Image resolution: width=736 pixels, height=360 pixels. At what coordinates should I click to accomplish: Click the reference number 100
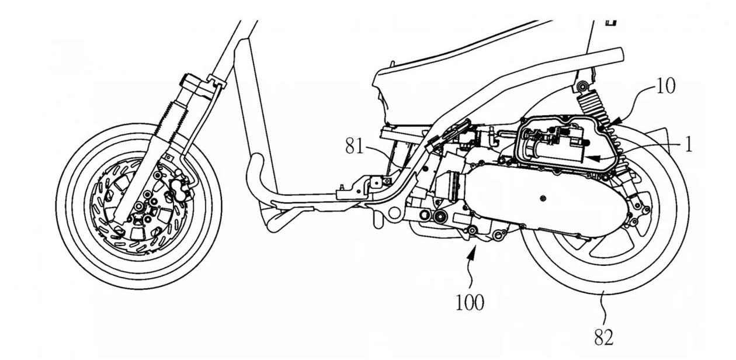pyautogui.click(x=470, y=303)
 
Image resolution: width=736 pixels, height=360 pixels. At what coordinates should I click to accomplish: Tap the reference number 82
pyautogui.click(x=604, y=338)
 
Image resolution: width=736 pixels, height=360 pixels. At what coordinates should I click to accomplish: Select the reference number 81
pyautogui.click(x=354, y=146)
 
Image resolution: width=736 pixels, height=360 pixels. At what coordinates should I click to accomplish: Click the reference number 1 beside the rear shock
pyautogui.click(x=689, y=144)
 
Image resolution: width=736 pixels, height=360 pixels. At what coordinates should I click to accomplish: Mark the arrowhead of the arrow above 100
pyautogui.click(x=474, y=251)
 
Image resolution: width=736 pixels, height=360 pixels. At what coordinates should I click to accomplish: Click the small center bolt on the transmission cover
pyautogui.click(x=544, y=200)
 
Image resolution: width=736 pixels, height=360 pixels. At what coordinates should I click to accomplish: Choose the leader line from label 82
pyautogui.click(x=602, y=310)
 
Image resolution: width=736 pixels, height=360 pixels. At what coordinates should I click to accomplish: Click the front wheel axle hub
pyautogui.click(x=139, y=206)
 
